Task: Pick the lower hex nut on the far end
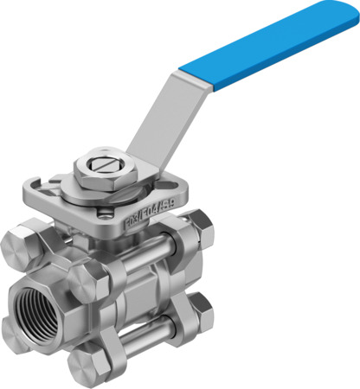coord(200,310)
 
